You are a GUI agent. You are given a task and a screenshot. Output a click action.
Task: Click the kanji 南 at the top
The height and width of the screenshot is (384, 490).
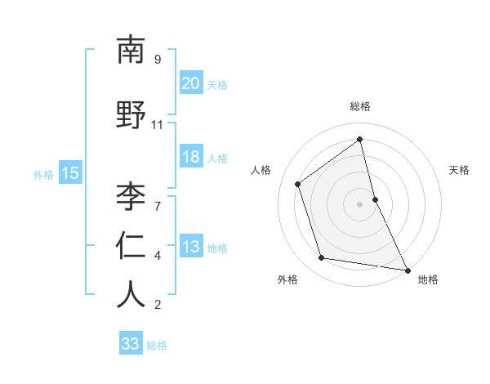(131, 51)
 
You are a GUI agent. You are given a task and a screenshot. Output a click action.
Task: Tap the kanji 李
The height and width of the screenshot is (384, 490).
(131, 196)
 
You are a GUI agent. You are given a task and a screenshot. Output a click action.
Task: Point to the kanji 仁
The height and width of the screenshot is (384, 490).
(131, 246)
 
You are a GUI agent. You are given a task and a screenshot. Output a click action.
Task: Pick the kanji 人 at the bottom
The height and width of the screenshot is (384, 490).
(131, 295)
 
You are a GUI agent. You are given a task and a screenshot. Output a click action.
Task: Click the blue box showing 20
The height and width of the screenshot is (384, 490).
(191, 83)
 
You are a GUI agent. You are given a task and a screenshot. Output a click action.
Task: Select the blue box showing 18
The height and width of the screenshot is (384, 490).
(191, 157)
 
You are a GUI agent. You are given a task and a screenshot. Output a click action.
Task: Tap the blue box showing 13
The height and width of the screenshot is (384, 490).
(191, 247)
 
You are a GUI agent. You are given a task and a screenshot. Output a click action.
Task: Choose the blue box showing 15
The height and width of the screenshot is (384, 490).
(69, 172)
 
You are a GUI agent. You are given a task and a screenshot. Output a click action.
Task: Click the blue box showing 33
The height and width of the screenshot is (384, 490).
(131, 344)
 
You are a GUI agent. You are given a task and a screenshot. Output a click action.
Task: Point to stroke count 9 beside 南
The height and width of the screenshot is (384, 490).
(157, 60)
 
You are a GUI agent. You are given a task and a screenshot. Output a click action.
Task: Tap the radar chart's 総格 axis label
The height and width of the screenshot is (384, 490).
(360, 106)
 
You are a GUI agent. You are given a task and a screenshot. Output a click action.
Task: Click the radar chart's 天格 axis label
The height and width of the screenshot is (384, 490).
(459, 170)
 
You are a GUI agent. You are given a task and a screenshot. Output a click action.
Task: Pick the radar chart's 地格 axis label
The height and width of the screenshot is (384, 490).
(428, 280)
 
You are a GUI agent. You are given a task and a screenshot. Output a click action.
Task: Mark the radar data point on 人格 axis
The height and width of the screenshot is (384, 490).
(298, 184)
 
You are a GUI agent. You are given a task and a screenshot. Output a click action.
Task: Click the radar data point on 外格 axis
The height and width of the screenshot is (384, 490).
(322, 258)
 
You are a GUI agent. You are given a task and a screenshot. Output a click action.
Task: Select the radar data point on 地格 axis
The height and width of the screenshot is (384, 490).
(407, 269)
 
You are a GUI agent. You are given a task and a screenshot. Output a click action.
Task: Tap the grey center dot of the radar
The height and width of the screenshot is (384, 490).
(360, 203)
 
